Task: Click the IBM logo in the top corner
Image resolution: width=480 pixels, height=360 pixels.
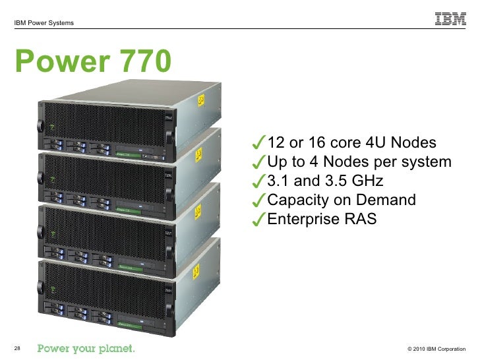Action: (x=450, y=19)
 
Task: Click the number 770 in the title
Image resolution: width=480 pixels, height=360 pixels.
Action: (x=138, y=63)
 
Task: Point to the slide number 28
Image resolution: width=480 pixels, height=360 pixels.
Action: (x=17, y=347)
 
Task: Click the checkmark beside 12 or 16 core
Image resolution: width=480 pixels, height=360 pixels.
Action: (x=259, y=143)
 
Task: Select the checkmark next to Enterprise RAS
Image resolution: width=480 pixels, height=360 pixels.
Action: (x=259, y=220)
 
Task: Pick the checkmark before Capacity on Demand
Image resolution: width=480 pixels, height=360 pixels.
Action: (x=259, y=200)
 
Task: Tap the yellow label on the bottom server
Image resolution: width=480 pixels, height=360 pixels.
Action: (x=195, y=272)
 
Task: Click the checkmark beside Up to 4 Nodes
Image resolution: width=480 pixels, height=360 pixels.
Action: (x=259, y=162)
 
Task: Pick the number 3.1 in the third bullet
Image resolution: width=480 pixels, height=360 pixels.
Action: (x=276, y=181)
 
